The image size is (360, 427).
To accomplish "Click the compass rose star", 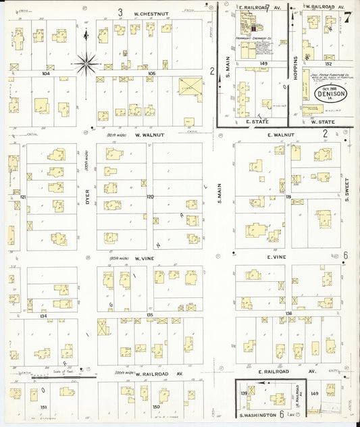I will (87, 65).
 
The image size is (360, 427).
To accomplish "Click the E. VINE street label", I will (278, 257).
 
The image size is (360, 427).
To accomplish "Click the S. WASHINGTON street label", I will (259, 414).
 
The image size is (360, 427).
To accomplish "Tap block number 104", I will (46, 72).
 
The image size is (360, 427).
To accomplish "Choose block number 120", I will (150, 197).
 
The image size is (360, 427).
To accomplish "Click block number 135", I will (150, 315).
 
